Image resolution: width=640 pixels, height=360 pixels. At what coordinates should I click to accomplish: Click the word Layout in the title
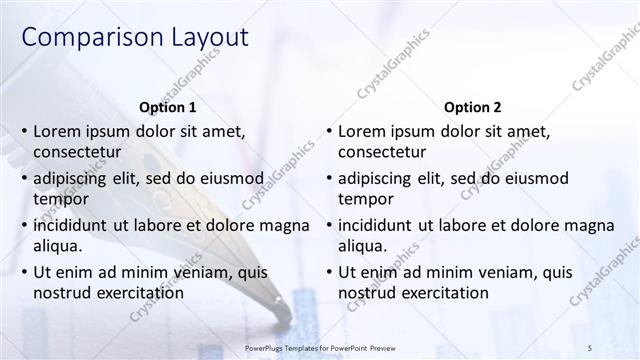[201, 39]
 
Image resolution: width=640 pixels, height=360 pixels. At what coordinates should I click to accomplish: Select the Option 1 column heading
[168, 107]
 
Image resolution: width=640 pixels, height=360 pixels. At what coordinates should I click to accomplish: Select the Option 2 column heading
[473, 107]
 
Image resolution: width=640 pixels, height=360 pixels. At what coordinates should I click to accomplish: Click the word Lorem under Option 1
[58, 131]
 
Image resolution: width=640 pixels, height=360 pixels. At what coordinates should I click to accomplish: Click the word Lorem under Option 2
[363, 131]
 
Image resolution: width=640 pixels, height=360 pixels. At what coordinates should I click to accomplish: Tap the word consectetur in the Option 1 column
[78, 152]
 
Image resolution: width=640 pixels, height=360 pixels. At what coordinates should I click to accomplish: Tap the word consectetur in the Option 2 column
[382, 152]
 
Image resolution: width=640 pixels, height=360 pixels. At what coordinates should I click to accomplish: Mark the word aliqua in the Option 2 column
[363, 245]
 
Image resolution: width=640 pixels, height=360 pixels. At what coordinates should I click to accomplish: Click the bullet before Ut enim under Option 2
[328, 272]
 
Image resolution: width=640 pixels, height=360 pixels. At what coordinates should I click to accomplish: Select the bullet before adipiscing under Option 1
[23, 178]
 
